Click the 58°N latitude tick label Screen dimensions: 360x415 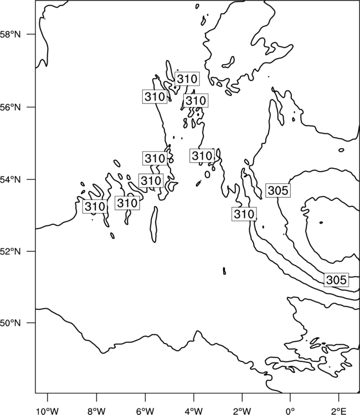[x=10, y=34]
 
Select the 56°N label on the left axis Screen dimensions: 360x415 [x=10, y=107]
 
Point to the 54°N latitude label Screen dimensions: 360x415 [x=10, y=180]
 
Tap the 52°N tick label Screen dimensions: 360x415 [x=10, y=251]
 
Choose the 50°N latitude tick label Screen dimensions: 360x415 [x=10, y=323]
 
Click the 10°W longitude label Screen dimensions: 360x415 [x=48, y=411]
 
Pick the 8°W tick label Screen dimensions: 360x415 [x=96, y=411]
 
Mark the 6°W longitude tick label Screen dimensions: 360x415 [x=145, y=411]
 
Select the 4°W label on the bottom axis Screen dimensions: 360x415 [x=194, y=411]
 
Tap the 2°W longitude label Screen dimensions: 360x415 [x=242, y=411]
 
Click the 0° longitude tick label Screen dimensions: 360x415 [x=290, y=411]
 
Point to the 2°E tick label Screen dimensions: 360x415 [x=339, y=411]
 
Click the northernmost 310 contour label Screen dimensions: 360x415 [x=187, y=79]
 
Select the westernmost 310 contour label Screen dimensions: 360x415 [x=95, y=206]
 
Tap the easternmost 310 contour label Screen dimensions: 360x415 [x=244, y=214]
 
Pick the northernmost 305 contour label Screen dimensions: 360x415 [x=278, y=190]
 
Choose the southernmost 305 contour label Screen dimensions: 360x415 [x=336, y=280]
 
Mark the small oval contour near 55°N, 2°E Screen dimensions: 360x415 [x=341, y=150]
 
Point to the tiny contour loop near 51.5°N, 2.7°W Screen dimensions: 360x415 [x=224, y=271]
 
